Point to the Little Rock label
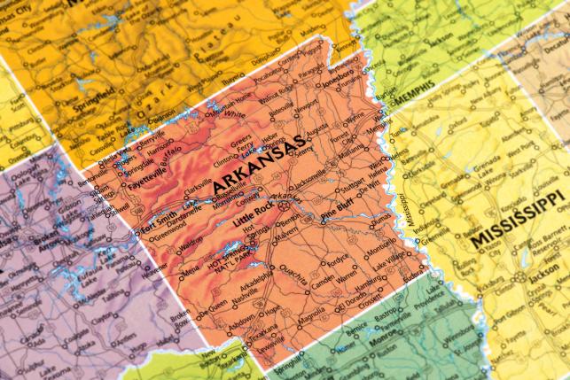pos(253,212)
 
